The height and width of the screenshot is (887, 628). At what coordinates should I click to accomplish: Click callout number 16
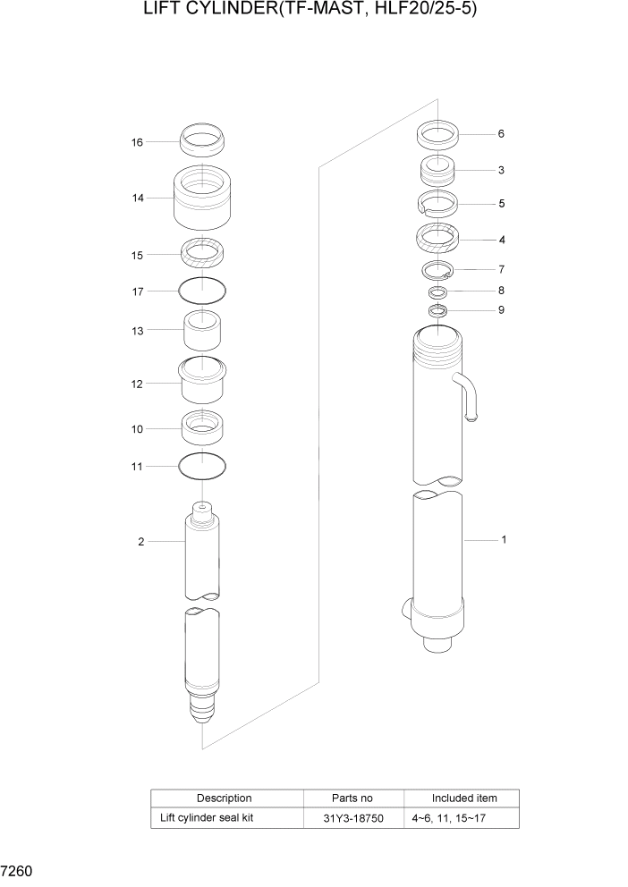(x=137, y=142)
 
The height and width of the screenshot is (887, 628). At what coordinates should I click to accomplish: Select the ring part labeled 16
(x=202, y=140)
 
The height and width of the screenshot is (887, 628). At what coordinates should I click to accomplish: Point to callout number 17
(x=137, y=291)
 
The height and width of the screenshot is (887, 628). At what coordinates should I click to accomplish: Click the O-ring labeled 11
(x=202, y=465)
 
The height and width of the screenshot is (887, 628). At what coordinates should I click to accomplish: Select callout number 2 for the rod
(x=140, y=541)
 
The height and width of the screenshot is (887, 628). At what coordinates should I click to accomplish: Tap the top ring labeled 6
(x=438, y=135)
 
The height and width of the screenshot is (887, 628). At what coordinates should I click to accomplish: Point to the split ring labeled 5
(x=438, y=204)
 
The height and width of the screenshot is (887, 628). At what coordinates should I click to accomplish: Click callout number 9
(x=501, y=310)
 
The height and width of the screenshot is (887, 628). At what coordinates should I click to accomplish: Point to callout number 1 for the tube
(x=504, y=540)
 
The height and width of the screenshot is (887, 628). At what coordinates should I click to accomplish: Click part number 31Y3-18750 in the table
(x=352, y=818)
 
